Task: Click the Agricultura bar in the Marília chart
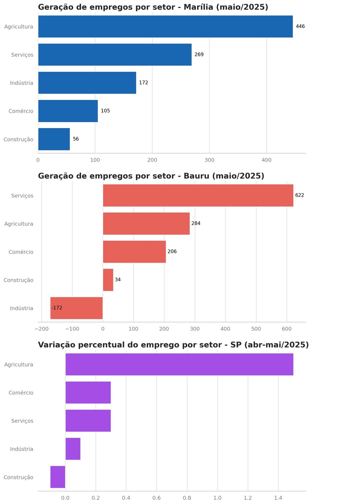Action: tap(165, 26)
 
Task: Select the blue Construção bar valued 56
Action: tap(54, 139)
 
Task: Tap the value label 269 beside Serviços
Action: tap(199, 54)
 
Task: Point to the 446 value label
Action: tap(300, 26)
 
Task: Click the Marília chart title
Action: tap(153, 7)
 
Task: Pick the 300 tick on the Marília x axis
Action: tap(209, 160)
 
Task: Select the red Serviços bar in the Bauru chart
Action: tap(198, 195)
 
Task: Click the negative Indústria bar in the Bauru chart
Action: tap(76, 308)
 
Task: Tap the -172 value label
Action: tap(57, 308)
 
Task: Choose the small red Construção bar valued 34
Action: tap(108, 280)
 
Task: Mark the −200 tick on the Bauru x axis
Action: tap(41, 329)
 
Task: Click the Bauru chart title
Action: tap(151, 176)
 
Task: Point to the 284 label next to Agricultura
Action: tap(196, 223)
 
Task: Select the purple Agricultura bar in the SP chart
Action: tap(179, 364)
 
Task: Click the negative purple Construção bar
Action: tap(58, 477)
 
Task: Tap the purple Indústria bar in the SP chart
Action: tap(73, 449)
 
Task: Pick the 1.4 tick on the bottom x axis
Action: tap(278, 498)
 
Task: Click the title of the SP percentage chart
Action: tap(173, 345)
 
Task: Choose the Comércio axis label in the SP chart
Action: tap(21, 393)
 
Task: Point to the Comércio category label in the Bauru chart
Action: tap(21, 252)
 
